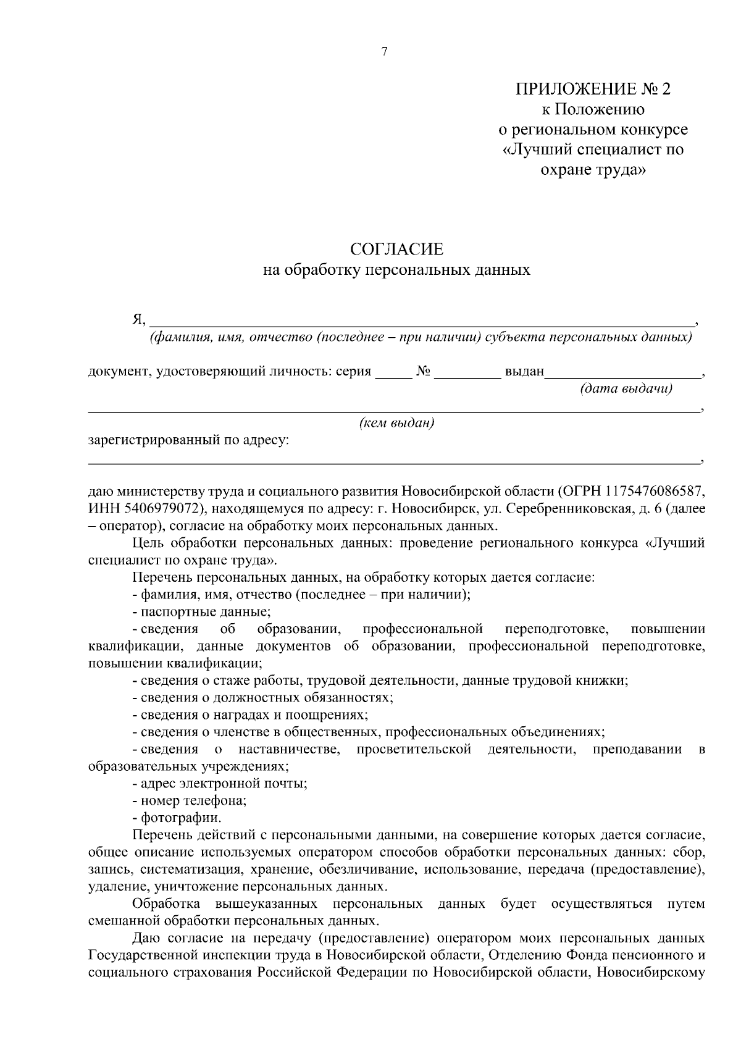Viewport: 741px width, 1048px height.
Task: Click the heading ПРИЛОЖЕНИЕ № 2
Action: (x=593, y=89)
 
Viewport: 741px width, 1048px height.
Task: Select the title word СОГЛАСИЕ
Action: (x=396, y=249)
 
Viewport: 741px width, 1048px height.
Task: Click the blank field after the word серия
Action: (x=393, y=372)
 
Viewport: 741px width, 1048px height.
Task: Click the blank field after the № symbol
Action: (x=467, y=372)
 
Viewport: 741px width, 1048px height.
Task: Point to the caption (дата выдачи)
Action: (x=626, y=388)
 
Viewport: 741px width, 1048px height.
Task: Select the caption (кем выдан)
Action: (x=396, y=423)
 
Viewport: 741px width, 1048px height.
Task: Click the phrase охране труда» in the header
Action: (x=593, y=169)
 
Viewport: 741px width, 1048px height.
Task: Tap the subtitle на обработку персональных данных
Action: (x=396, y=270)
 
